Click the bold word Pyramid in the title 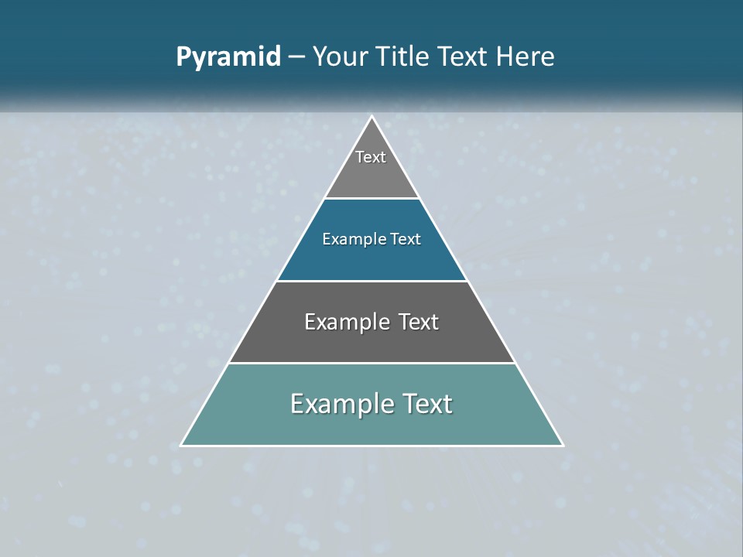228,57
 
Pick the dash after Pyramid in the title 296,57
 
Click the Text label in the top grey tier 371,157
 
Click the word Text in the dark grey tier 419,322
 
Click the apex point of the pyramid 371,117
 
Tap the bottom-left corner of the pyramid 181,445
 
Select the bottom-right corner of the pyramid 563,445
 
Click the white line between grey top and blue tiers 371,198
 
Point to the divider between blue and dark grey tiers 371,281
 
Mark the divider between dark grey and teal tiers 371,363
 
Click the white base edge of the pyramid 371,446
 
